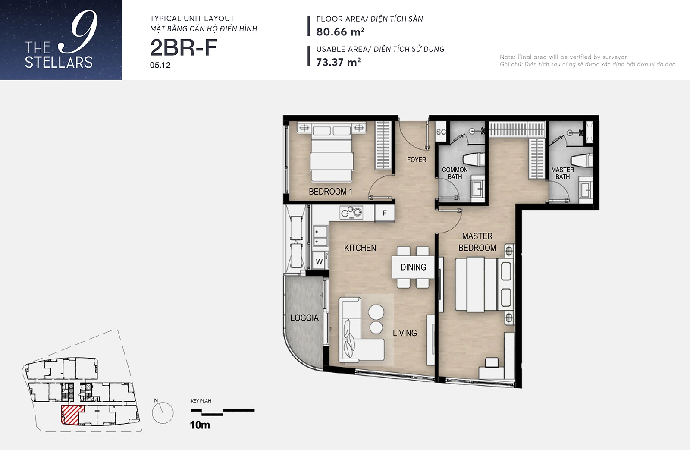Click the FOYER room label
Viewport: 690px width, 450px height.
417,160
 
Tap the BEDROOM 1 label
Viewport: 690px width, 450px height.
330,192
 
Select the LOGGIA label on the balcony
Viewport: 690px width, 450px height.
304,318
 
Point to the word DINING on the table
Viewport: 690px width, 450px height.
414,267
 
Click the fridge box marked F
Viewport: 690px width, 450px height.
385,213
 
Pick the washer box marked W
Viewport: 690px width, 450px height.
320,261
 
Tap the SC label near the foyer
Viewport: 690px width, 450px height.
441,132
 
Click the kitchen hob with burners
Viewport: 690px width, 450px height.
351,212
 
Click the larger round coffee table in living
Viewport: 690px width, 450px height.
376,312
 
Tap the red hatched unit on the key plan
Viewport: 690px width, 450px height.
72,415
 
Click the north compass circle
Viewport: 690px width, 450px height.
163,413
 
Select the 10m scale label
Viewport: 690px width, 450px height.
200,425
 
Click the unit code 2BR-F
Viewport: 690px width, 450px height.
184,48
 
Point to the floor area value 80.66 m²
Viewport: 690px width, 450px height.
340,32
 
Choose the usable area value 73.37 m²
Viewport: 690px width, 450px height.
338,62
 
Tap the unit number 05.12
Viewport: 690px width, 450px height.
160,65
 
